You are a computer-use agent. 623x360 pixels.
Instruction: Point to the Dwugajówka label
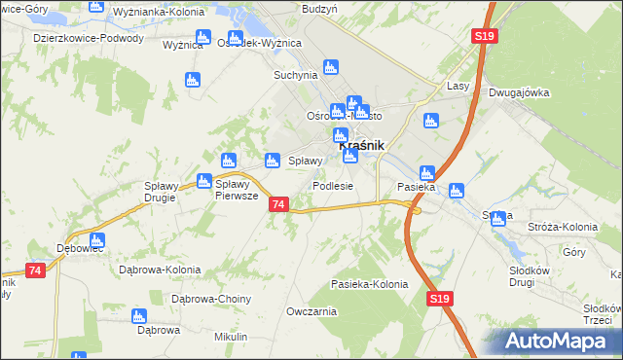point(520,92)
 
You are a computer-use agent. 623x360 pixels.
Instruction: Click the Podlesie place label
point(332,186)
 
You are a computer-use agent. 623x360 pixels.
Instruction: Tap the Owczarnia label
point(311,311)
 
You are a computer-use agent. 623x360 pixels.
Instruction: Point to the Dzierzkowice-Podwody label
point(89,39)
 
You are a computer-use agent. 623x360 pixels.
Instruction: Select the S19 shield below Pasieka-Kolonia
point(438,302)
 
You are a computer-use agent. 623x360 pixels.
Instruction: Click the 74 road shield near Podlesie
point(279,204)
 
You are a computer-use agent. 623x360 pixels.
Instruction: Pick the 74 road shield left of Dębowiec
point(36,270)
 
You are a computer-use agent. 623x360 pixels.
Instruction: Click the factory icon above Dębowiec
point(95,239)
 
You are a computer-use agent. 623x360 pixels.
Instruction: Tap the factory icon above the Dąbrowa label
point(139,316)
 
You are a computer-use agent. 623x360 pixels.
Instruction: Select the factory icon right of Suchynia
point(331,67)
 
